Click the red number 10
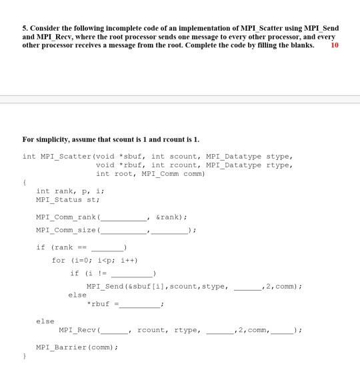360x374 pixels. pos(335,45)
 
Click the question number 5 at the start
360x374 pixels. pos(24,28)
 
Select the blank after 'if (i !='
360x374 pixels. pos(133,273)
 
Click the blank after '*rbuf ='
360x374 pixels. pos(140,305)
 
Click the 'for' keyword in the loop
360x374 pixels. pos(59,260)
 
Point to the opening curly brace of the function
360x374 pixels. pos(25,180)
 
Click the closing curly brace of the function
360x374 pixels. pos(25,357)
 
